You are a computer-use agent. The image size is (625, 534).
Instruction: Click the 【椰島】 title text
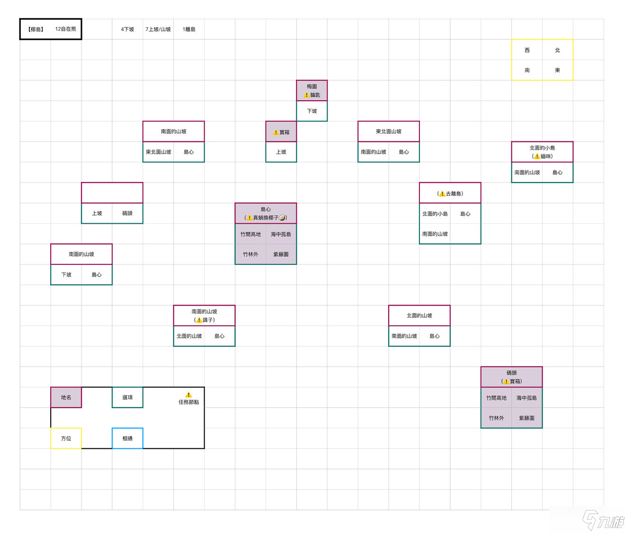[36, 29]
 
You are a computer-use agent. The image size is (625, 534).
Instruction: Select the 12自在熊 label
[66, 29]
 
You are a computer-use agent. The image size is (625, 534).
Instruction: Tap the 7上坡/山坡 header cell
[158, 29]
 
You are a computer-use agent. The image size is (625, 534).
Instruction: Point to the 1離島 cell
[188, 29]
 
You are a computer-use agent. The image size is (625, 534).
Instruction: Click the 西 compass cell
[527, 50]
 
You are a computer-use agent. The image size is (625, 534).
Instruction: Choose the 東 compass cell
[557, 70]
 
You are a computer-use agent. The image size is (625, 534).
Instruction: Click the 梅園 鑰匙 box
[312, 90]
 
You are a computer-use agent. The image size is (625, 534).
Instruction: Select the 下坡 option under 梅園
[312, 111]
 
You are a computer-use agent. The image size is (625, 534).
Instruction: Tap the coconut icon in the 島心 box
[282, 218]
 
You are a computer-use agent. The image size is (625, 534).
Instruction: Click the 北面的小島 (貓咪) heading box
[542, 152]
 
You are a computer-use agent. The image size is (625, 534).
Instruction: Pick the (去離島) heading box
[450, 193]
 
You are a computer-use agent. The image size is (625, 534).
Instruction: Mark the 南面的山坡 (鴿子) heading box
[204, 315]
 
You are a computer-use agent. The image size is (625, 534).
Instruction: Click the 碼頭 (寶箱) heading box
[511, 377]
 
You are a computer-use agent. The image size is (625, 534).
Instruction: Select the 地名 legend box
[66, 397]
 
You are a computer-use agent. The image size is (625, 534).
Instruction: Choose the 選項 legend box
[127, 397]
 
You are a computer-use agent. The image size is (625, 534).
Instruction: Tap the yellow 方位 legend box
[66, 438]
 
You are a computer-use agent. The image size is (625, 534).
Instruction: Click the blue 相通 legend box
[127, 438]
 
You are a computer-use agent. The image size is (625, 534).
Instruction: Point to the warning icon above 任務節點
[188, 394]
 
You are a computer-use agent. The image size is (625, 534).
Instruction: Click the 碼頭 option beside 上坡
[127, 213]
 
